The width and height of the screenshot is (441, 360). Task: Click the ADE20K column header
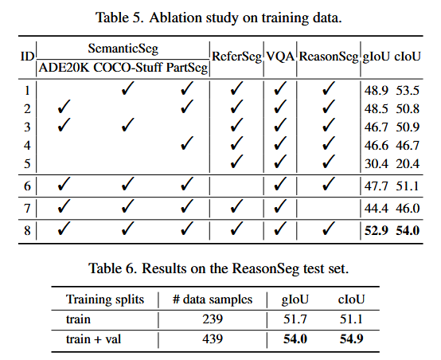click(x=64, y=68)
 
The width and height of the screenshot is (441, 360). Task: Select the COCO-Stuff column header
click(x=127, y=68)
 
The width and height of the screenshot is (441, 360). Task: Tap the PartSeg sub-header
click(x=187, y=68)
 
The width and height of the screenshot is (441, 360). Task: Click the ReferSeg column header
click(x=236, y=57)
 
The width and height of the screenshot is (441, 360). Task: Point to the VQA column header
click(x=280, y=57)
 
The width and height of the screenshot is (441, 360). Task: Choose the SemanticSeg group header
click(x=123, y=49)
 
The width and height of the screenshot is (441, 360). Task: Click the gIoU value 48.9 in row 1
click(x=376, y=91)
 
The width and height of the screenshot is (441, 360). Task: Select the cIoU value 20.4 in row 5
click(x=408, y=164)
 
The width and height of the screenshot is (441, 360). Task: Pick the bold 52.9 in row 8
click(x=376, y=230)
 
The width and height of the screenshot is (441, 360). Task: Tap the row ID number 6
click(x=27, y=186)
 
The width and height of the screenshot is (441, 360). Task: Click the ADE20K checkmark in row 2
click(x=64, y=107)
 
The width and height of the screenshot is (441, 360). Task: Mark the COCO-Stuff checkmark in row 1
click(x=127, y=88)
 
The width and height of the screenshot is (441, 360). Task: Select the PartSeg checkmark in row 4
click(x=187, y=143)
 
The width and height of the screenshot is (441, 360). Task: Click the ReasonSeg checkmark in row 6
click(x=328, y=184)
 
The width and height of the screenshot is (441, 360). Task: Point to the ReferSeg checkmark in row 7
click(x=236, y=206)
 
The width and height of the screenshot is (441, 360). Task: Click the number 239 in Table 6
click(x=213, y=319)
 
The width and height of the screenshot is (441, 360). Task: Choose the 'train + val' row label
click(x=93, y=339)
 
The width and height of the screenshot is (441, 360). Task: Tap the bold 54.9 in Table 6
click(x=351, y=338)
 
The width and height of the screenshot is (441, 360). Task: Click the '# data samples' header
click(x=213, y=299)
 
